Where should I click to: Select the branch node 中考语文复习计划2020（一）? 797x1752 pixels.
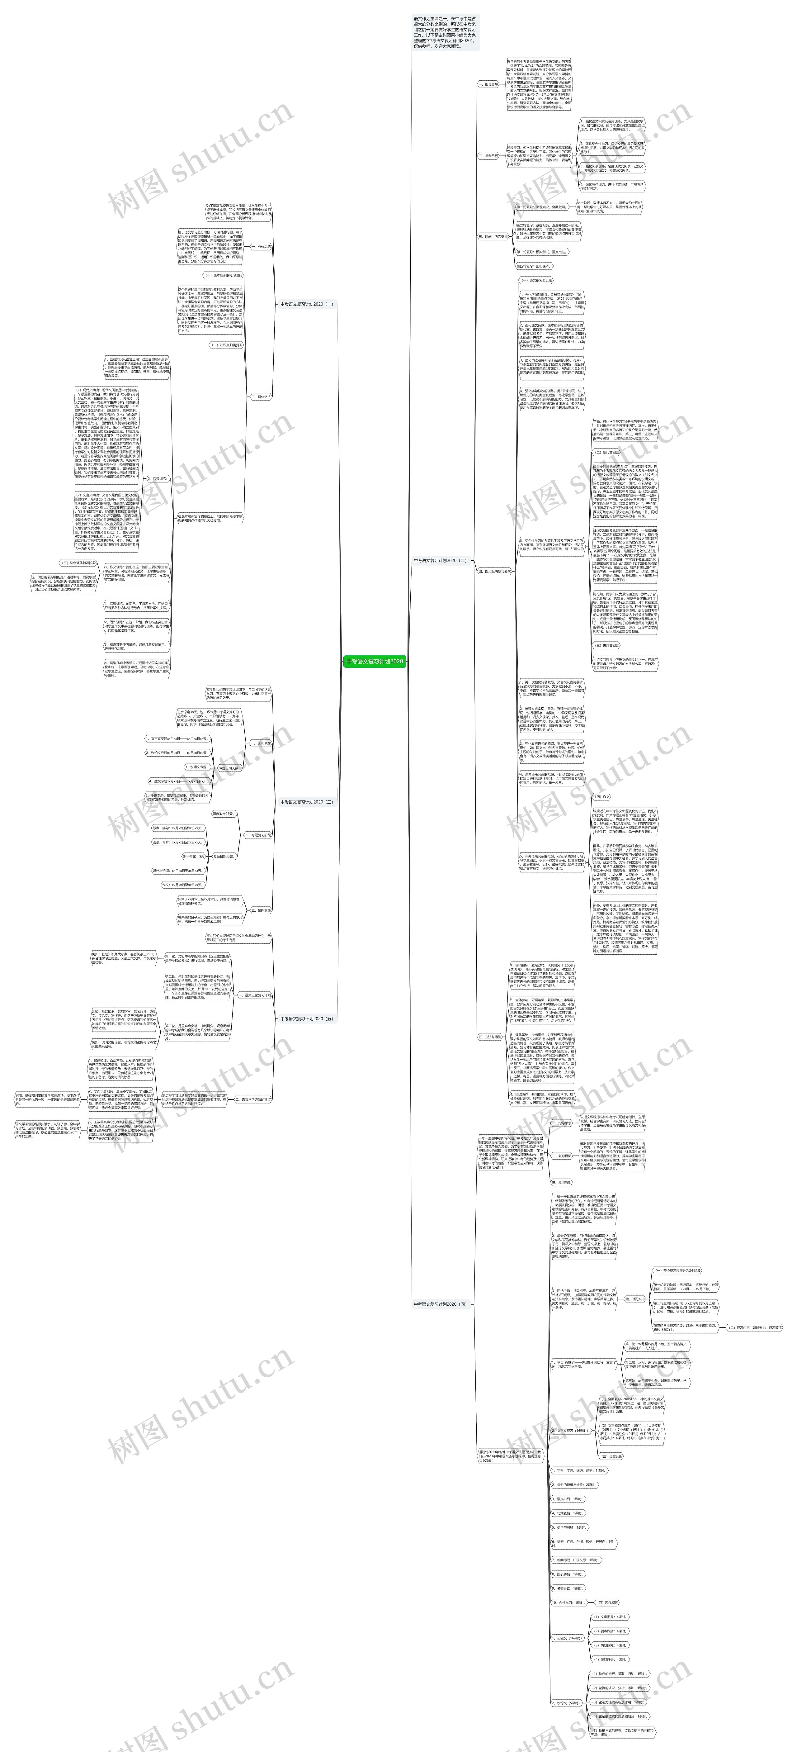point(307,304)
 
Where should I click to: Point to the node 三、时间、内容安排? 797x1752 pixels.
point(492,237)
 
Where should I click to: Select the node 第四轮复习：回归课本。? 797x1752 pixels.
point(534,266)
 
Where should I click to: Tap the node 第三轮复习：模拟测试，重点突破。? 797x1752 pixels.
point(541,252)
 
